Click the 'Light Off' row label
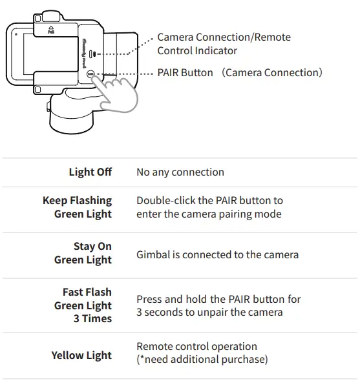click(x=90, y=172)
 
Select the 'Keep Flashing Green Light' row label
click(x=77, y=207)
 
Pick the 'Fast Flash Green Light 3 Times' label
click(x=83, y=305)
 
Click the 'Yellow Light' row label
click(x=81, y=356)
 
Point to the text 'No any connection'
click(x=180, y=172)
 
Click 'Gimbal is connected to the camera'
click(x=217, y=254)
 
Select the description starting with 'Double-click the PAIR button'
click(x=209, y=207)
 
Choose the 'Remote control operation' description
click(x=196, y=347)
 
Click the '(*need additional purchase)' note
click(x=202, y=359)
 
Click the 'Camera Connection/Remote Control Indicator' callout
click(x=224, y=44)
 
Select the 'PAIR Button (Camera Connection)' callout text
click(x=240, y=73)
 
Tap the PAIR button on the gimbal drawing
click(x=91, y=74)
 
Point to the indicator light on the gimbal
click(x=92, y=54)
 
